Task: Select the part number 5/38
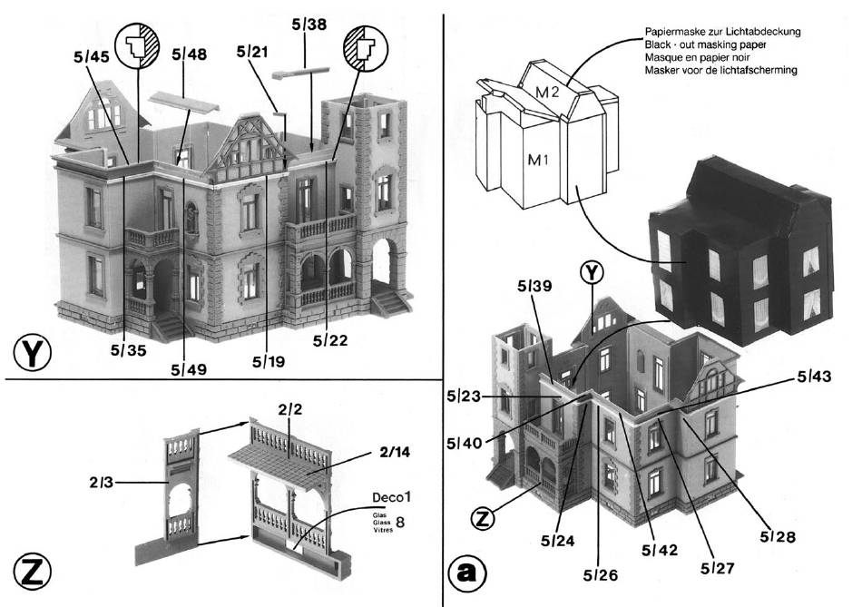tap(310, 25)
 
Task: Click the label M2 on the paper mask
tap(544, 92)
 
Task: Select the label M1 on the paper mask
tap(539, 161)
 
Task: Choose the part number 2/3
tap(101, 485)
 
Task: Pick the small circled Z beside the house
tap(485, 519)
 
